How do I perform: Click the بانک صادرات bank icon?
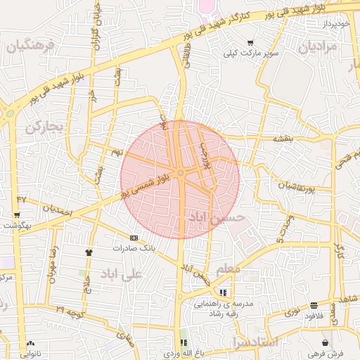(x=134, y=238)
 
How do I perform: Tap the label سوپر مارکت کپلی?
(x=251, y=53)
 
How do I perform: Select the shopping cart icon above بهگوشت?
(x=18, y=214)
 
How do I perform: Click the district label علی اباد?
(x=121, y=274)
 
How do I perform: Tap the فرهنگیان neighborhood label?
(x=29, y=47)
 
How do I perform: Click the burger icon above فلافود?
(x=313, y=305)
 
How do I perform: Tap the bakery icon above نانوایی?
(x=30, y=344)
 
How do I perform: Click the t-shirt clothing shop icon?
(x=89, y=252)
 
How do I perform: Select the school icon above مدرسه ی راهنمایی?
(x=223, y=292)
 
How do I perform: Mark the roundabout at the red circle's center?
(x=181, y=173)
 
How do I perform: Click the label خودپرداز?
(x=333, y=24)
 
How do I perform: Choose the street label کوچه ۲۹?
(x=70, y=309)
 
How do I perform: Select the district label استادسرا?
(x=255, y=342)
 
